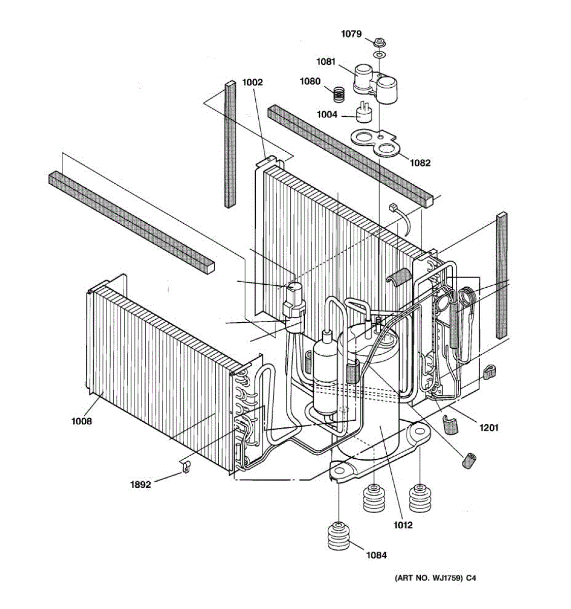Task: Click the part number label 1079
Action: click(x=351, y=34)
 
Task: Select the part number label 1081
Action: click(x=326, y=61)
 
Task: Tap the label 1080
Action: click(x=310, y=81)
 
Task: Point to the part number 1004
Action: click(x=327, y=115)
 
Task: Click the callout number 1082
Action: click(x=420, y=163)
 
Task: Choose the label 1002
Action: click(x=252, y=82)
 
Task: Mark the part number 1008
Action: click(x=81, y=421)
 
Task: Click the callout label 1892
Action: click(x=141, y=485)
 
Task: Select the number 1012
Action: click(x=402, y=525)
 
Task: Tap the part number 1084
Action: click(x=376, y=555)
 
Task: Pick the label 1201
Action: click(x=489, y=428)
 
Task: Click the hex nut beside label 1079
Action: click(x=378, y=41)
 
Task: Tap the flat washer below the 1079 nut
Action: click(x=379, y=54)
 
